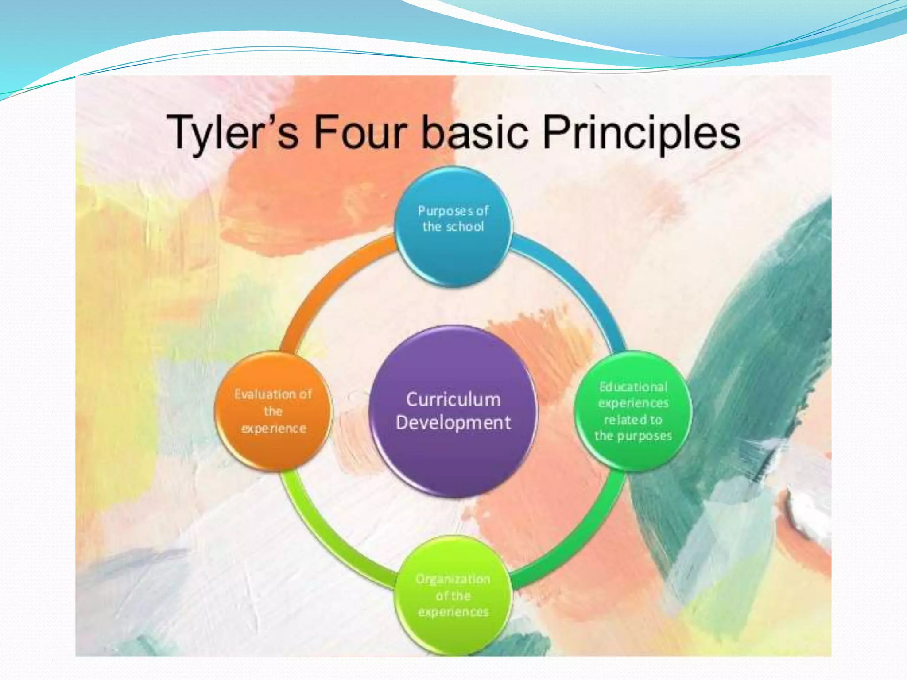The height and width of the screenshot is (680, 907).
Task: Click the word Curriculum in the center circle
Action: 453,400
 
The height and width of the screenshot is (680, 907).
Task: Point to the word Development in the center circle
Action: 453,423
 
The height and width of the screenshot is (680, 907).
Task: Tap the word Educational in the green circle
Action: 633,387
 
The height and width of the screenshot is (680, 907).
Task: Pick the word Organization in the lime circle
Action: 453,579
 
